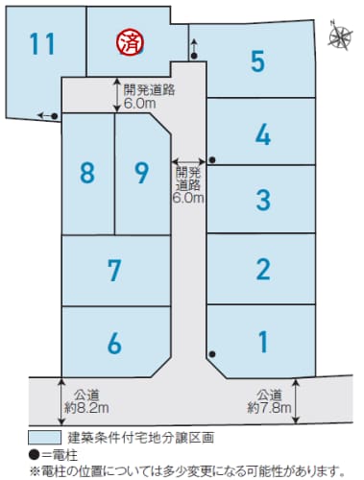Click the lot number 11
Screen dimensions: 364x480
[42, 44]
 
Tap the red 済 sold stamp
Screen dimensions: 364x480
[131, 42]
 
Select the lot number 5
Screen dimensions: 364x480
[258, 61]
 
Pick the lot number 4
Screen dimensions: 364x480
[263, 134]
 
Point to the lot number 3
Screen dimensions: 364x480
[263, 200]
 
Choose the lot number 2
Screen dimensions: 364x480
[263, 270]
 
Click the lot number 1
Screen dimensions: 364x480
[263, 342]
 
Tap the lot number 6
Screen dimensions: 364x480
[114, 343]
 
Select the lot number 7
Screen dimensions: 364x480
[114, 271]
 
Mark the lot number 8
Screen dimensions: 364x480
[87, 173]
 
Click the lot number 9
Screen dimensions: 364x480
[142, 173]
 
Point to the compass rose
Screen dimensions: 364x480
[340, 35]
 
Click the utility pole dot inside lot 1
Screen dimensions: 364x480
[212, 354]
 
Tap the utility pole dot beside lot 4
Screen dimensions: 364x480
[212, 159]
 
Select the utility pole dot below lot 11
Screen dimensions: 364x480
[55, 116]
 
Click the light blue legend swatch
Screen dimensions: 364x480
[44, 437]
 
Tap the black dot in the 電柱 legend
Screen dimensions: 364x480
[35, 454]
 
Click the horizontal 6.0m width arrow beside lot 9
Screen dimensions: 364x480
[188, 160]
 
